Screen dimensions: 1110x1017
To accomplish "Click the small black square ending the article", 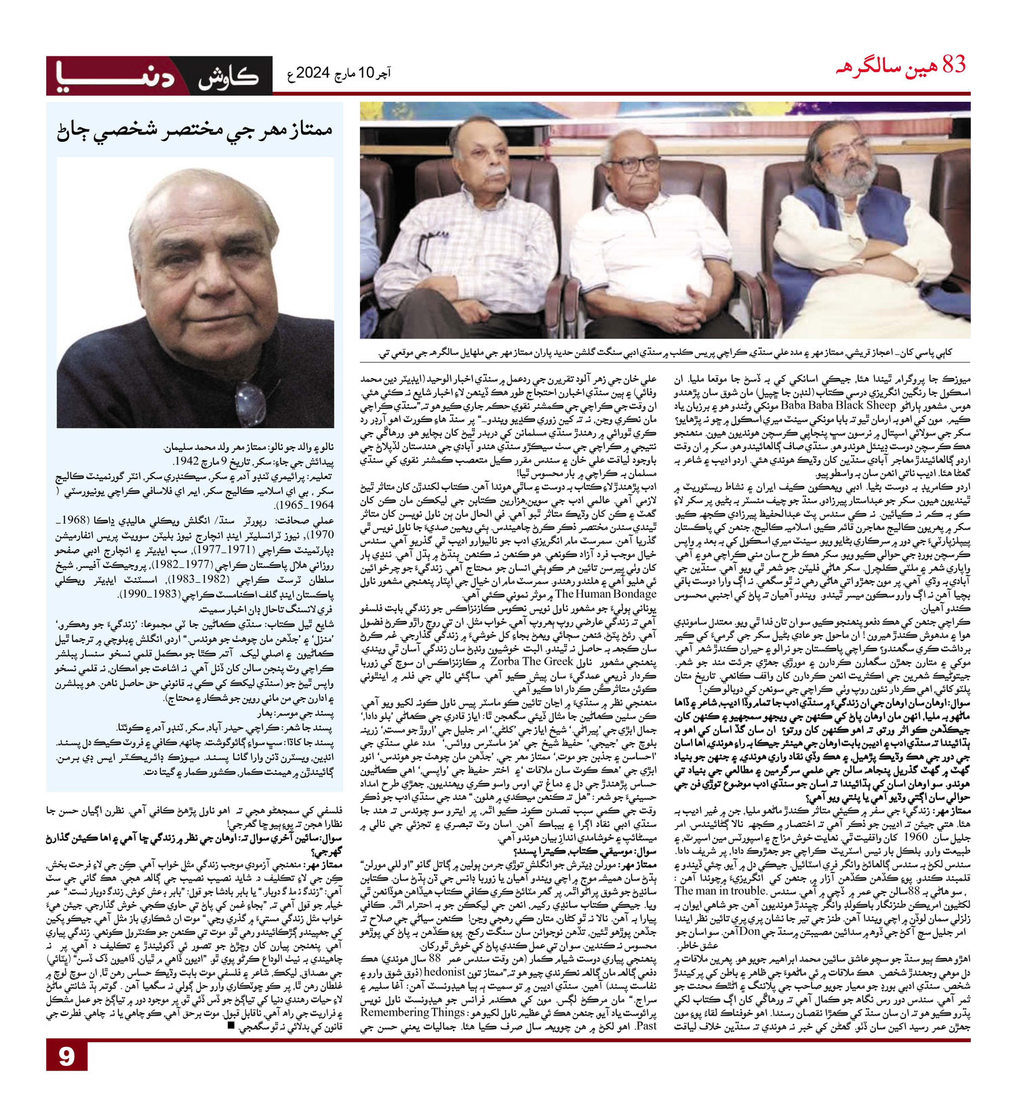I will click(x=232, y=1026).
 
